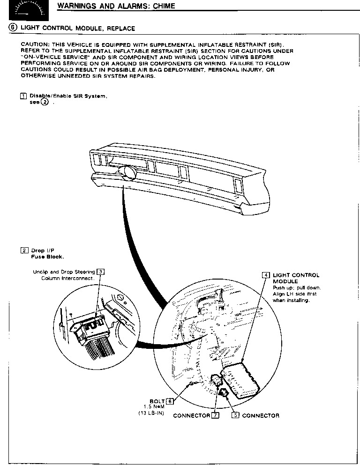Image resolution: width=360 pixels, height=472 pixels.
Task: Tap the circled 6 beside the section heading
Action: coord(13,28)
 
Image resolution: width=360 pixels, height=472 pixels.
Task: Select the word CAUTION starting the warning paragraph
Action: coord(32,44)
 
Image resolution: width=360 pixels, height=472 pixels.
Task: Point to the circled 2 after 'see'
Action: coord(45,102)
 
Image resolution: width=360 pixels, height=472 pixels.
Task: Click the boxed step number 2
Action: coord(23,250)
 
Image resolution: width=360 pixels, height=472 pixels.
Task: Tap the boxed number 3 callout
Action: coord(100,272)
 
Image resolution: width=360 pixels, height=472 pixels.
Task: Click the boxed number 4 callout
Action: coord(266,275)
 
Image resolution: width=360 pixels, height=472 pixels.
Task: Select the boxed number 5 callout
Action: coord(236,415)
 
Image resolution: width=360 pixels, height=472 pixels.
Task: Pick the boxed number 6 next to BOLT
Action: coord(170,401)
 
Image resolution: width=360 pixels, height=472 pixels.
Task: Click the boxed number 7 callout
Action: coord(215,415)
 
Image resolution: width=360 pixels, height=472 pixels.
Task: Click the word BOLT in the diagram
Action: coord(157,401)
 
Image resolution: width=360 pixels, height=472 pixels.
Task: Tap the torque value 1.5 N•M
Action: coord(154,407)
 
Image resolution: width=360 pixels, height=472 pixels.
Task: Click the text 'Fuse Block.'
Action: coord(47,257)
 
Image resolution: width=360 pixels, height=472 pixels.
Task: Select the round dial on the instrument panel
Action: coord(127,174)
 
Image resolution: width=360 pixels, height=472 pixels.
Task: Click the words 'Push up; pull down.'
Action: coord(290,288)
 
